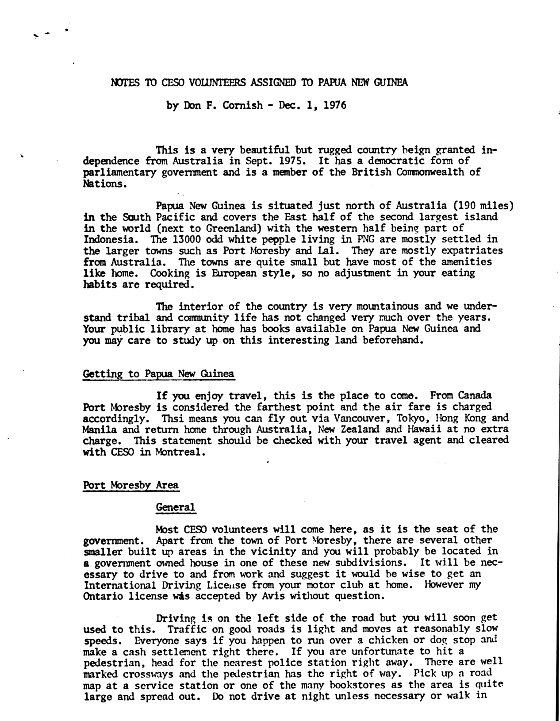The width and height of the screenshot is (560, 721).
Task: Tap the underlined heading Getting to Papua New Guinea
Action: pyautogui.click(x=158, y=374)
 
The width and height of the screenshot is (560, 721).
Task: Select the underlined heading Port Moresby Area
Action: pyautogui.click(x=131, y=485)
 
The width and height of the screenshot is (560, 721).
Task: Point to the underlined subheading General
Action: pyautogui.click(x=176, y=507)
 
